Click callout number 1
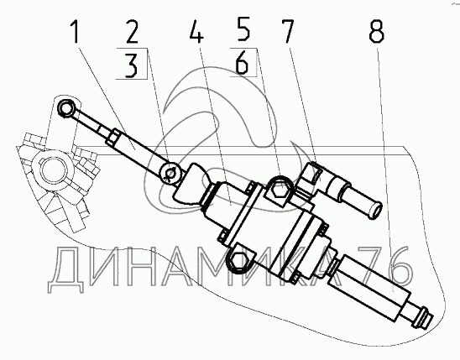point(75,31)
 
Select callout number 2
point(132,31)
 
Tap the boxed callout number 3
point(131,65)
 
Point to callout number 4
point(196,31)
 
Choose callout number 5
point(243,29)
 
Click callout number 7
point(287,31)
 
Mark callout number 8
point(376,31)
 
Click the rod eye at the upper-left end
point(66,108)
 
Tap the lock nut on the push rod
point(112,137)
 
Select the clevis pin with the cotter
point(170,173)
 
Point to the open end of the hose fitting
point(374,208)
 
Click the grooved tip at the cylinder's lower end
point(423,318)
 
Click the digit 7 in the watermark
point(373,266)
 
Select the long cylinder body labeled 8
point(369,288)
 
